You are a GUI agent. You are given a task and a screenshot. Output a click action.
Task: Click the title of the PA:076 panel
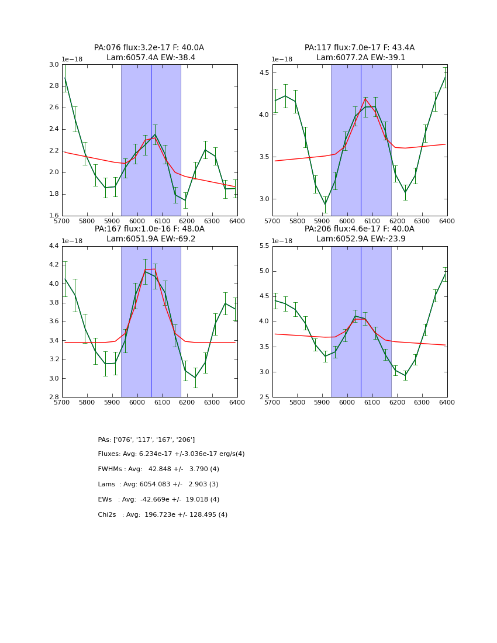pyautogui.click(x=149, y=53)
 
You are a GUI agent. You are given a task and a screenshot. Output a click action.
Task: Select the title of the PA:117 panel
pyautogui.click(x=360, y=53)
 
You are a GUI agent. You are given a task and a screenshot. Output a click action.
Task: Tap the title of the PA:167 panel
pyautogui.click(x=149, y=234)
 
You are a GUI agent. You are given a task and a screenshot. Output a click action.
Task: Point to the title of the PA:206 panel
pyautogui.click(x=360, y=234)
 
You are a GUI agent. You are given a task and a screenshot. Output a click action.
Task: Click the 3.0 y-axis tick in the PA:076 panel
pyautogui.click(x=53, y=64)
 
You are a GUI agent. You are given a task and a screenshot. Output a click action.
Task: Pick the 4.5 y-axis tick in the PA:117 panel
pyautogui.click(x=263, y=73)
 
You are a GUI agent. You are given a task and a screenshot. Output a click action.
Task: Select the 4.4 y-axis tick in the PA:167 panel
pyautogui.click(x=53, y=246)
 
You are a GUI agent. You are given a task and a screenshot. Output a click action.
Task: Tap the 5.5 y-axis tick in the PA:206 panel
pyautogui.click(x=263, y=246)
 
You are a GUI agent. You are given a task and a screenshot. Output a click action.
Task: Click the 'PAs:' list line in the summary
pyautogui.click(x=146, y=440)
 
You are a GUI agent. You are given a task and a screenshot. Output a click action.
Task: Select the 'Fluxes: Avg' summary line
pyautogui.click(x=171, y=454)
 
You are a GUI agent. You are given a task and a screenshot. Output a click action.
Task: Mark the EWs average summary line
pyautogui.click(x=158, y=500)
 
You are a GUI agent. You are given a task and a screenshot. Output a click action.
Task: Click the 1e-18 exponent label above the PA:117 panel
pyautogui.click(x=282, y=59)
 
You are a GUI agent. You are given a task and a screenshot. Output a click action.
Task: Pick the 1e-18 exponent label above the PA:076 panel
pyautogui.click(x=72, y=59)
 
